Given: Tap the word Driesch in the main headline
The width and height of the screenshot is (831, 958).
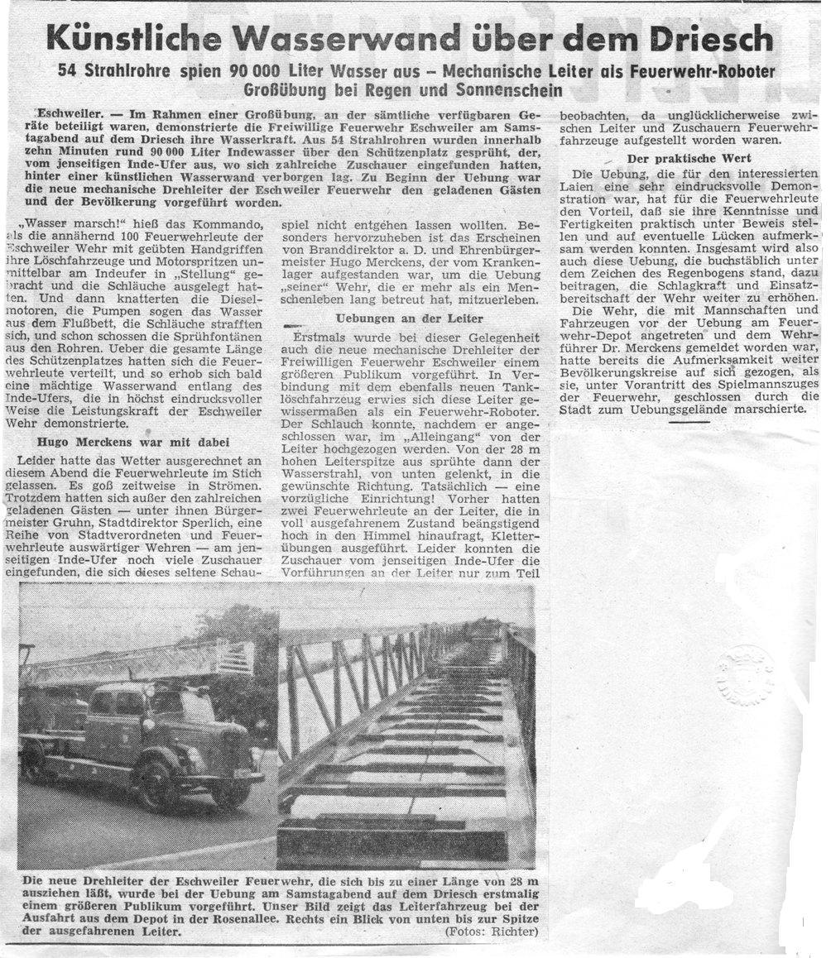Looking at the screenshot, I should (x=709, y=38).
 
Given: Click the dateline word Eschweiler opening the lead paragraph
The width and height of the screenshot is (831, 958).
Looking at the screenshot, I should (x=67, y=112).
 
